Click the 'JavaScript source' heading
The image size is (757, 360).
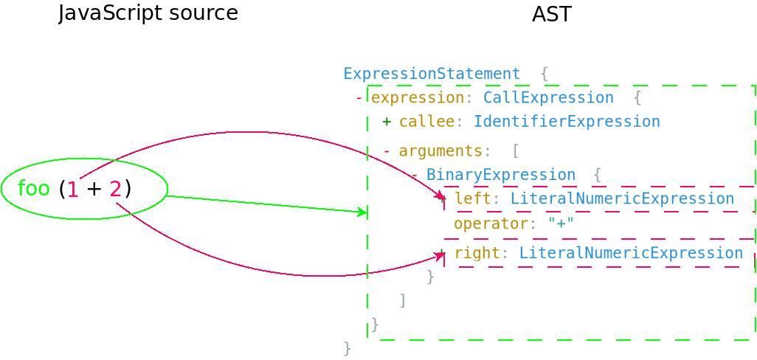click(148, 13)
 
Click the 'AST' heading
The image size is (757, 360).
click(551, 14)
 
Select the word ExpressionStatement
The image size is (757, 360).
click(431, 74)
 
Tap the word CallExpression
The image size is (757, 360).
click(547, 98)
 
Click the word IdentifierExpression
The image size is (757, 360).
click(566, 122)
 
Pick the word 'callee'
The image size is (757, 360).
click(426, 122)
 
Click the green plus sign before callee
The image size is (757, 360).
click(387, 122)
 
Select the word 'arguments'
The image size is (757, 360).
click(440, 151)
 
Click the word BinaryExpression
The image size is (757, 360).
click(500, 175)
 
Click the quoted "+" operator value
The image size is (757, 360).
click(561, 224)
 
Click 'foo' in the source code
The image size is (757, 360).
click(33, 189)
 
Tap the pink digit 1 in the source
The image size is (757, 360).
click(72, 190)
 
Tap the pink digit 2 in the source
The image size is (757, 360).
click(115, 190)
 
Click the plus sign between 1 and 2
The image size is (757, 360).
click(94, 190)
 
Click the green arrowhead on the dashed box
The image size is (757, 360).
click(362, 212)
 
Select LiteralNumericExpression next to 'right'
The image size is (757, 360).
click(630, 253)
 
